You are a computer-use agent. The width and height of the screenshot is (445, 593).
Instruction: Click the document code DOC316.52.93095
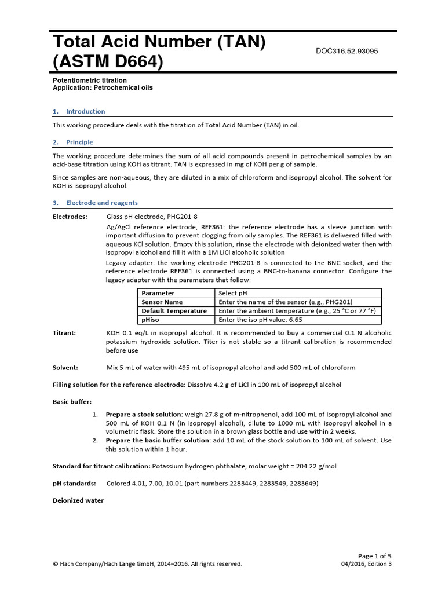(346, 51)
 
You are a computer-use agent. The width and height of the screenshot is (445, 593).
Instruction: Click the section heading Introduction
(85, 111)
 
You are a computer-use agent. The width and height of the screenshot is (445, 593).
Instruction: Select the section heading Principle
(79, 142)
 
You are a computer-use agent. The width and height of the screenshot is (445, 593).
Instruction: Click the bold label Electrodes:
(70, 217)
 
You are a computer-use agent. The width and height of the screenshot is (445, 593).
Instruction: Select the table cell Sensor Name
(162, 302)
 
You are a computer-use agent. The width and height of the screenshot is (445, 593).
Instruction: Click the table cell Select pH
(236, 293)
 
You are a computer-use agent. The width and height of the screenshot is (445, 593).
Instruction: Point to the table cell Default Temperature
(174, 311)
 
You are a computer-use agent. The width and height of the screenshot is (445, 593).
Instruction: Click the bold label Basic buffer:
(72, 402)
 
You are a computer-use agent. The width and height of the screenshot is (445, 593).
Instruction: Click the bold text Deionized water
(78, 500)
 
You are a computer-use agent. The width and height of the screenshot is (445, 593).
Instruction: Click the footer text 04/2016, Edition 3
(367, 564)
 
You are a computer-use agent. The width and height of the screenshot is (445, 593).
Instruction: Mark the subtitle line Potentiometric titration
(90, 80)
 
